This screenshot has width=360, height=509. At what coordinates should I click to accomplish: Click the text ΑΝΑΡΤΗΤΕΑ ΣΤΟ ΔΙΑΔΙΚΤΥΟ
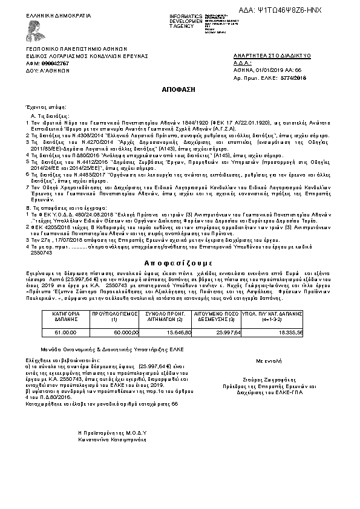(x=272, y=55)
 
